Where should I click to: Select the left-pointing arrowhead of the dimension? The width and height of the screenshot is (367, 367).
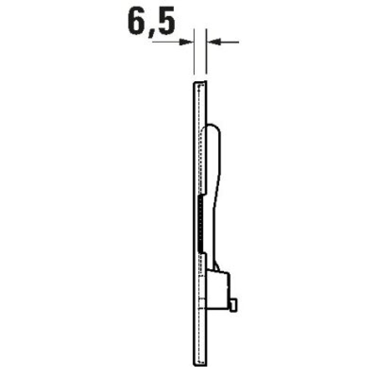214,42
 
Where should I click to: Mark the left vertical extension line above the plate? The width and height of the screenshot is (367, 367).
194,51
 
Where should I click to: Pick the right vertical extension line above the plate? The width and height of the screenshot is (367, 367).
206,51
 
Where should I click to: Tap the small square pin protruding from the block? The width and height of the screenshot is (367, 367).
234,305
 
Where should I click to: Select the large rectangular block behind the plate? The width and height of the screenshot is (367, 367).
217,290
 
